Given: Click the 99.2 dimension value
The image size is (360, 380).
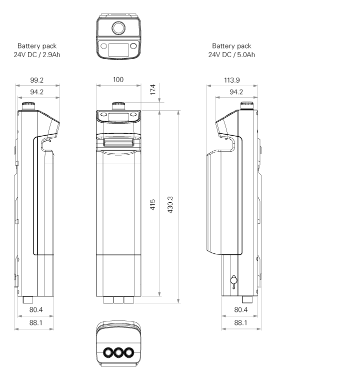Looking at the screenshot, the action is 37,80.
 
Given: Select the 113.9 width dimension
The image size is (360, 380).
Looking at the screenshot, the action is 232,80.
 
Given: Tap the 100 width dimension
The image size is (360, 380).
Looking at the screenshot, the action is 118,80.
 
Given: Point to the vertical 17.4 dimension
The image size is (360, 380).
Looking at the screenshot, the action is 152,90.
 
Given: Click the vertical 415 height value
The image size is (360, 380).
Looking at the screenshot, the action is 152,205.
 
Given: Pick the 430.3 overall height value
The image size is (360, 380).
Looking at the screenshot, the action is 170,205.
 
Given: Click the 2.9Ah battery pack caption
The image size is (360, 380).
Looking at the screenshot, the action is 37,50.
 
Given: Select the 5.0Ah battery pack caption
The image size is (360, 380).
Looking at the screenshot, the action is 231,50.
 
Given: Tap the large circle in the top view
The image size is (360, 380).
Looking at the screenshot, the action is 118,28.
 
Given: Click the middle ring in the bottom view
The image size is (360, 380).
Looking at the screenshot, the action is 118,352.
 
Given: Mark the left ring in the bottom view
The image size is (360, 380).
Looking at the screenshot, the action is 108,352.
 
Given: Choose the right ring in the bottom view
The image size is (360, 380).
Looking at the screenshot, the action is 129,352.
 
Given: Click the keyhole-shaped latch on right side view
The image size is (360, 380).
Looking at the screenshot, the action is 233,281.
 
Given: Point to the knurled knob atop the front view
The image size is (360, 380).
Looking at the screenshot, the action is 118,106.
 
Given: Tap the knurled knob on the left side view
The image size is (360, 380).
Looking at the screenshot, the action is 28,106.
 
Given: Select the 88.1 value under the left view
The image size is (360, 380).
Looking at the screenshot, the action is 36,323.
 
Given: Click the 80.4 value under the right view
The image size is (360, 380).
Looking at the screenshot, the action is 241,310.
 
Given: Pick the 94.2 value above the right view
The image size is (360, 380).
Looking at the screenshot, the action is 236,92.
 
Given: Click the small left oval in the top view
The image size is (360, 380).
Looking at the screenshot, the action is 103,46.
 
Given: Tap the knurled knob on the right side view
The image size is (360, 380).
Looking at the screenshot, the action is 247,106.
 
